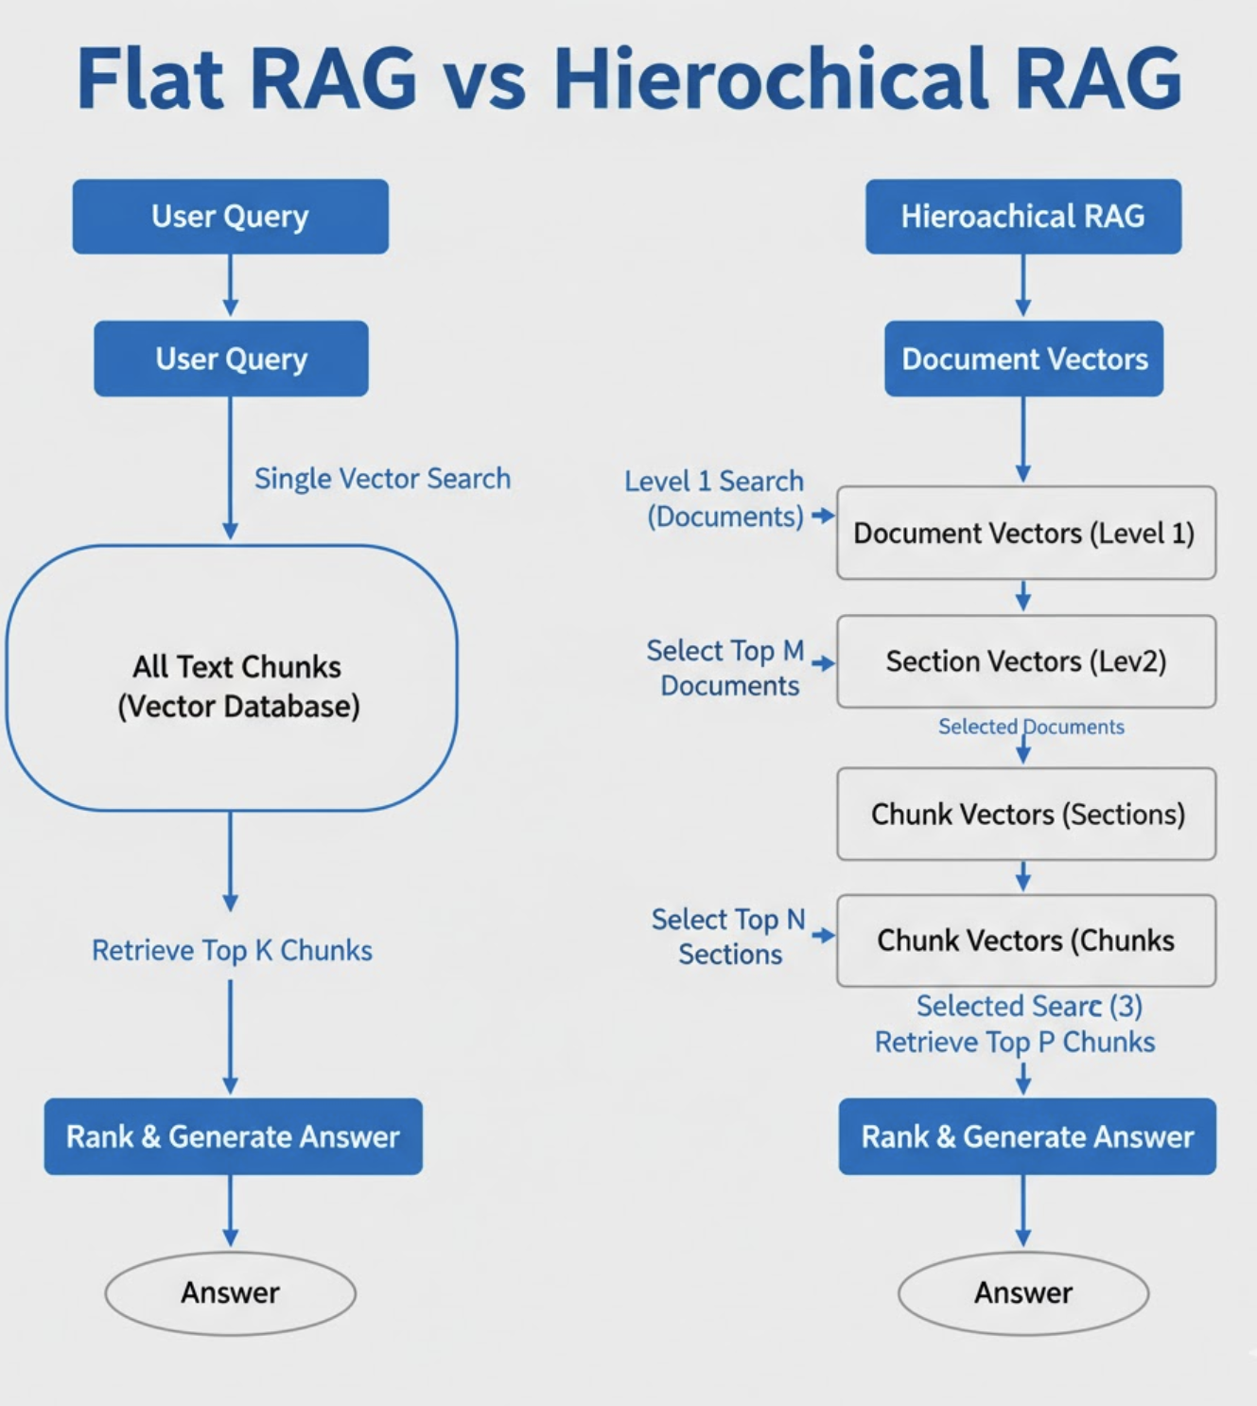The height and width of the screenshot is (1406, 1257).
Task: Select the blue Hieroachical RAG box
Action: (1022, 217)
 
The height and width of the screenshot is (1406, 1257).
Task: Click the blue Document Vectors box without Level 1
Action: (1023, 359)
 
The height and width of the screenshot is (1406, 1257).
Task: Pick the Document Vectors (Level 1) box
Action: (1025, 533)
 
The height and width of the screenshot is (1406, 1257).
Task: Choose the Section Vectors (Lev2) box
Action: (1025, 661)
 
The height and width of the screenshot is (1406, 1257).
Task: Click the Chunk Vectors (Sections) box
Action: (1025, 814)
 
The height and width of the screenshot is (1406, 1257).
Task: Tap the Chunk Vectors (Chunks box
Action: (1025, 940)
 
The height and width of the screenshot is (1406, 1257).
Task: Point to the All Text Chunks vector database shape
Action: (233, 678)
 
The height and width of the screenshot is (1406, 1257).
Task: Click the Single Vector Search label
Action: (382, 479)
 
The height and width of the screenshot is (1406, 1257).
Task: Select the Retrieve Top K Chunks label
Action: (232, 950)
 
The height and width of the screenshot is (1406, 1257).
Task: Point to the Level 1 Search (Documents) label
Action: (719, 499)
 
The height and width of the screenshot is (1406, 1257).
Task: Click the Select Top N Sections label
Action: (728, 937)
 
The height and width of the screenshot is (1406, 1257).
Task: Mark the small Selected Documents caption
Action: (1031, 727)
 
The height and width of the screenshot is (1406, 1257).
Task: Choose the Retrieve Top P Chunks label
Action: (1014, 1042)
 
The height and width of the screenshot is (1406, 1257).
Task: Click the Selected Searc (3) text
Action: (1029, 1006)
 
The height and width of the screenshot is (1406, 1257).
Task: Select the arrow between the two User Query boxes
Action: (230, 286)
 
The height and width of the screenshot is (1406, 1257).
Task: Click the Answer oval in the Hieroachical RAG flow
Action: (1022, 1292)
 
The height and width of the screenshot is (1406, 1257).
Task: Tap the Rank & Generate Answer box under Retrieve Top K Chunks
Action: (233, 1136)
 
